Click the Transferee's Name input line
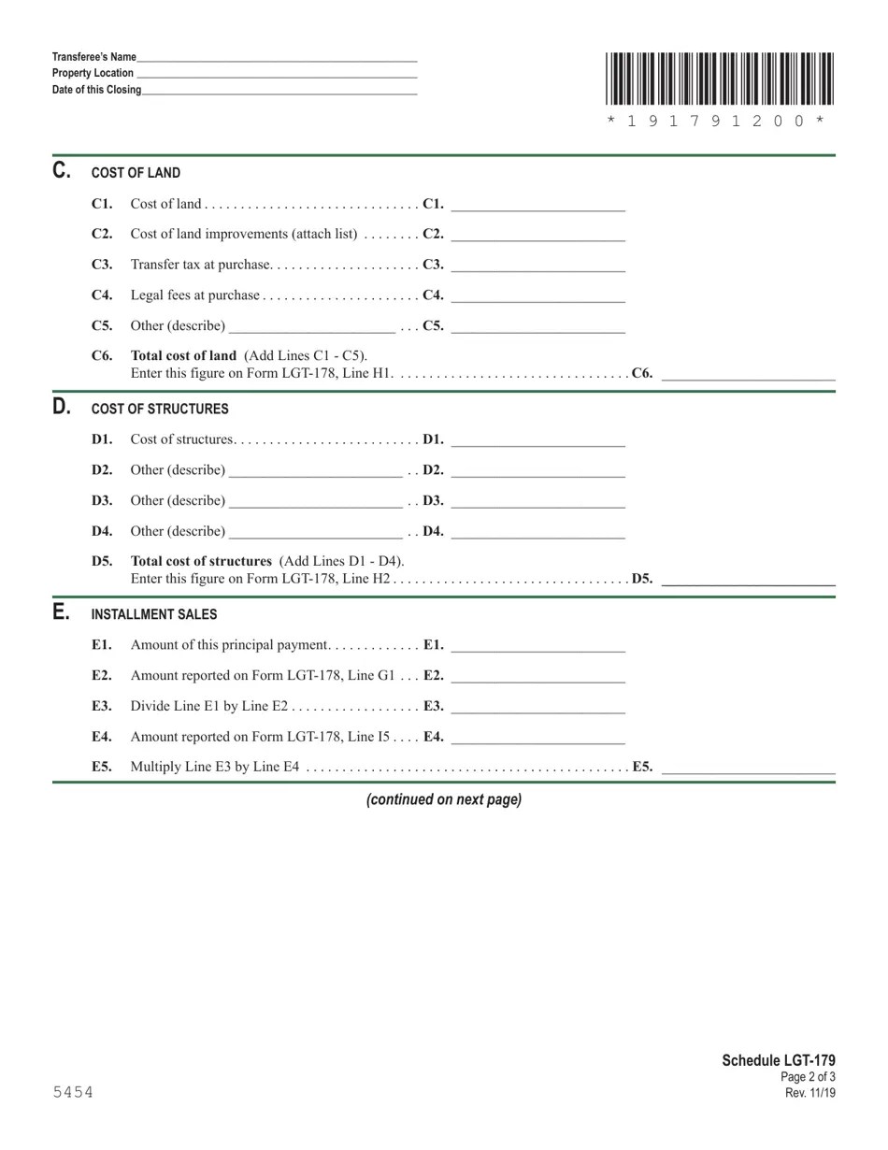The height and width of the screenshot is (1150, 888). tap(277, 56)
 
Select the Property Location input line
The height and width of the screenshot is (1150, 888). tap(277, 73)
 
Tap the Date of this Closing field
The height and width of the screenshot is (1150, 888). tap(279, 90)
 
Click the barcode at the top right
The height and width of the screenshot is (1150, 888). tap(719, 79)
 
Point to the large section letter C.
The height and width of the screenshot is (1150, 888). tap(62, 171)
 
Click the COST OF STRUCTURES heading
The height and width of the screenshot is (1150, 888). tap(160, 410)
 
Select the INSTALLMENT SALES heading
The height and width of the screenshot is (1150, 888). tap(154, 614)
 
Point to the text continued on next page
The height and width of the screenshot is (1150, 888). tap(444, 800)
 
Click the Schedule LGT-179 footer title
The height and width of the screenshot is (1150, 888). tap(779, 1060)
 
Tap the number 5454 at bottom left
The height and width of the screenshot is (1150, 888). tap(73, 1092)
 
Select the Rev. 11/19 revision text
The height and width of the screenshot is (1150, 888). tap(809, 1093)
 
